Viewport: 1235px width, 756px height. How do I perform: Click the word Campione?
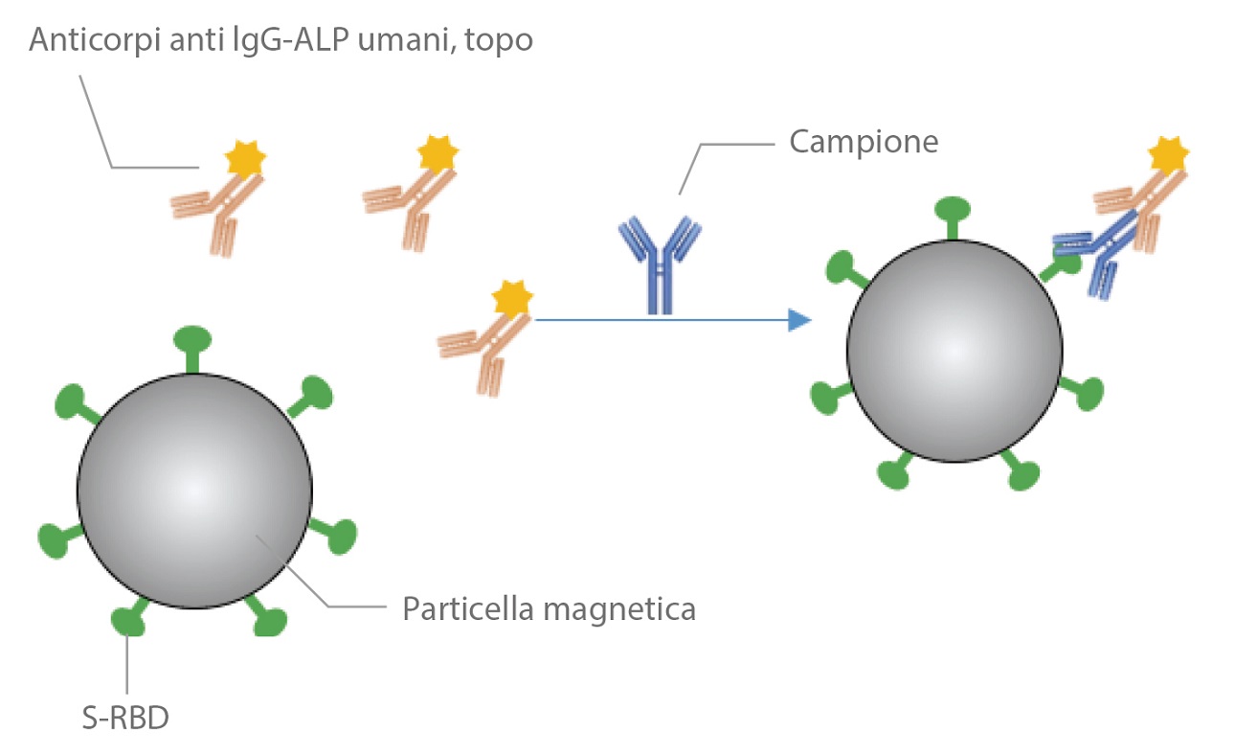coord(864,143)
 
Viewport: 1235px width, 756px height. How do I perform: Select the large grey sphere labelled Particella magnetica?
coord(194,492)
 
